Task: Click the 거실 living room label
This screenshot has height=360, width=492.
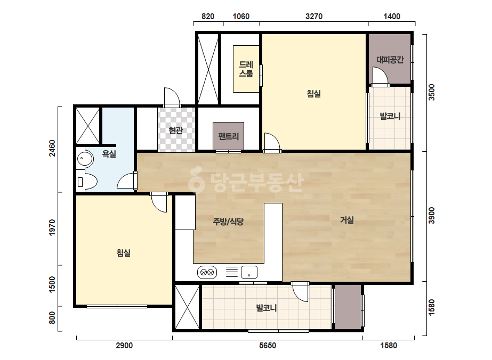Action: click(x=346, y=220)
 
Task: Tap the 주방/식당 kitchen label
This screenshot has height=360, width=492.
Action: click(x=228, y=222)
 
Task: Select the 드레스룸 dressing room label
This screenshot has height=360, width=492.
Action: click(x=246, y=69)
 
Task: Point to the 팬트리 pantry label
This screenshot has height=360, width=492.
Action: click(x=229, y=136)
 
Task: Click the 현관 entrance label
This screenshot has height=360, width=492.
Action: click(x=176, y=130)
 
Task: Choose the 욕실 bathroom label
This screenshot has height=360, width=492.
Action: click(x=109, y=154)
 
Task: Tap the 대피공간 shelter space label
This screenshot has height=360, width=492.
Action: click(x=390, y=60)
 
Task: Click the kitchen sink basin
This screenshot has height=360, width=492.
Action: click(x=249, y=272)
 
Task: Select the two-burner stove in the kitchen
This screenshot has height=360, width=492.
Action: click(x=207, y=272)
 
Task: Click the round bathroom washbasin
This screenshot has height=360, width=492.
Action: click(x=85, y=159)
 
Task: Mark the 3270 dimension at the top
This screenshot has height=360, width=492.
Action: click(x=314, y=17)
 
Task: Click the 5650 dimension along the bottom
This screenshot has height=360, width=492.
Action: click(x=268, y=346)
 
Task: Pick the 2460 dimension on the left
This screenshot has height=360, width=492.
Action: click(x=52, y=148)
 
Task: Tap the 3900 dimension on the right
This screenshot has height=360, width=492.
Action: click(x=432, y=216)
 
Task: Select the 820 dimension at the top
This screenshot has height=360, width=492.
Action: click(x=208, y=17)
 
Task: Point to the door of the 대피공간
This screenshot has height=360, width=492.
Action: click(x=380, y=77)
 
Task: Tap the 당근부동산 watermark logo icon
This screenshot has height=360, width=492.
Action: click(x=196, y=179)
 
